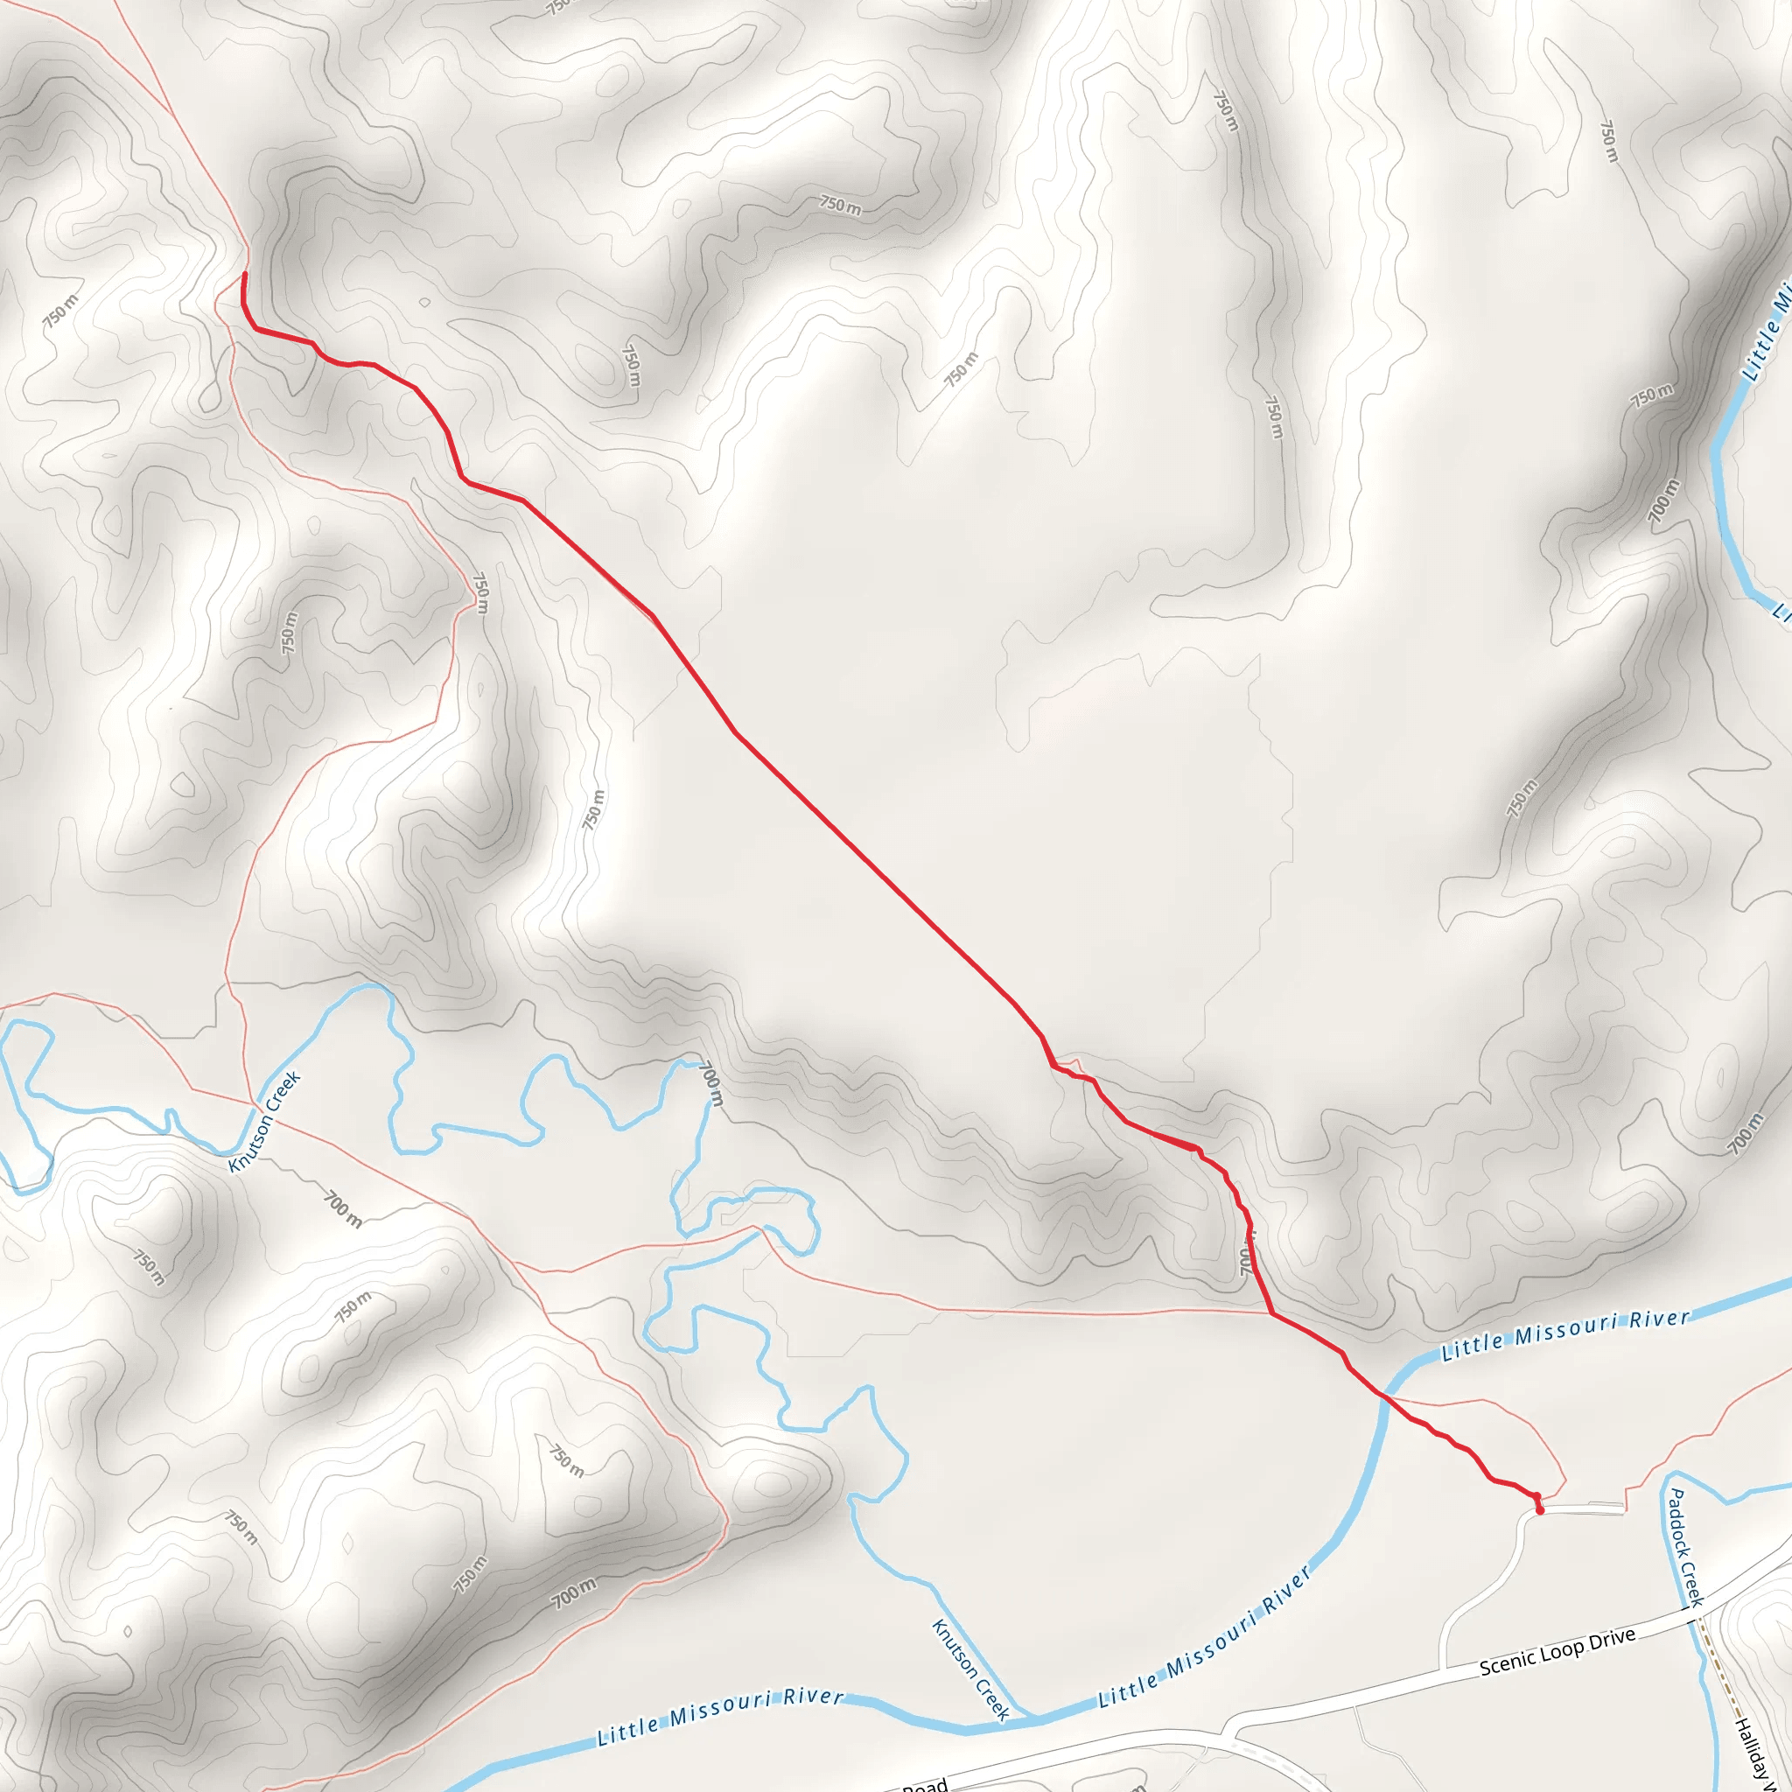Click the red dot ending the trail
[x=1540, y=1511]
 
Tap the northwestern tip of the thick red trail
[x=245, y=275]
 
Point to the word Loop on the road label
[x=1562, y=1651]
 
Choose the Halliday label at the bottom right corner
[x=1751, y=1753]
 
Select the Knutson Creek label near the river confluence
[x=970, y=1669]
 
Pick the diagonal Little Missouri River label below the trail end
[x=1206, y=1637]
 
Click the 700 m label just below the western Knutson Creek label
[x=342, y=1209]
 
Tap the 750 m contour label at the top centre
[x=840, y=205]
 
